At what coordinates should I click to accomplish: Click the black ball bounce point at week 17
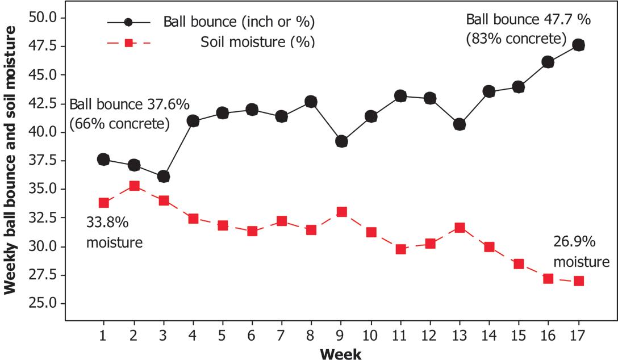[x=578, y=45]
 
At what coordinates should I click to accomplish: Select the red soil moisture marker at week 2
[x=134, y=186]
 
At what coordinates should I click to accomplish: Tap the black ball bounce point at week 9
[x=341, y=141]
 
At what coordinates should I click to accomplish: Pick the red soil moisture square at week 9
[x=342, y=212]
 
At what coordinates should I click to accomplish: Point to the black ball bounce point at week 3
[x=164, y=177]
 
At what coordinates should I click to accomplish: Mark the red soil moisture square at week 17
[x=579, y=281]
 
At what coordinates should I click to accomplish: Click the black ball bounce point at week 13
[x=459, y=125]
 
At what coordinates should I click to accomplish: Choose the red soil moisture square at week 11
[x=401, y=249]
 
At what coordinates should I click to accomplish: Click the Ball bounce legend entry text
[x=239, y=22]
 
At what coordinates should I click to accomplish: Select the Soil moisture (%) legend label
[x=258, y=42]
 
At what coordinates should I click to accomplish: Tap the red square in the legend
[x=128, y=43]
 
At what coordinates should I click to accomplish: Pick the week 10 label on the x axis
[x=370, y=336]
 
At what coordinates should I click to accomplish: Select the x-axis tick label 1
[x=103, y=336]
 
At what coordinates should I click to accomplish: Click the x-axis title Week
[x=341, y=353]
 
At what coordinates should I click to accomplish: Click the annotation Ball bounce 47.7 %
[x=528, y=19]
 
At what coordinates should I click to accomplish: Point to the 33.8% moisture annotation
[x=114, y=232]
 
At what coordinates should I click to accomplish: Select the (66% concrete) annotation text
[x=119, y=124]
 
